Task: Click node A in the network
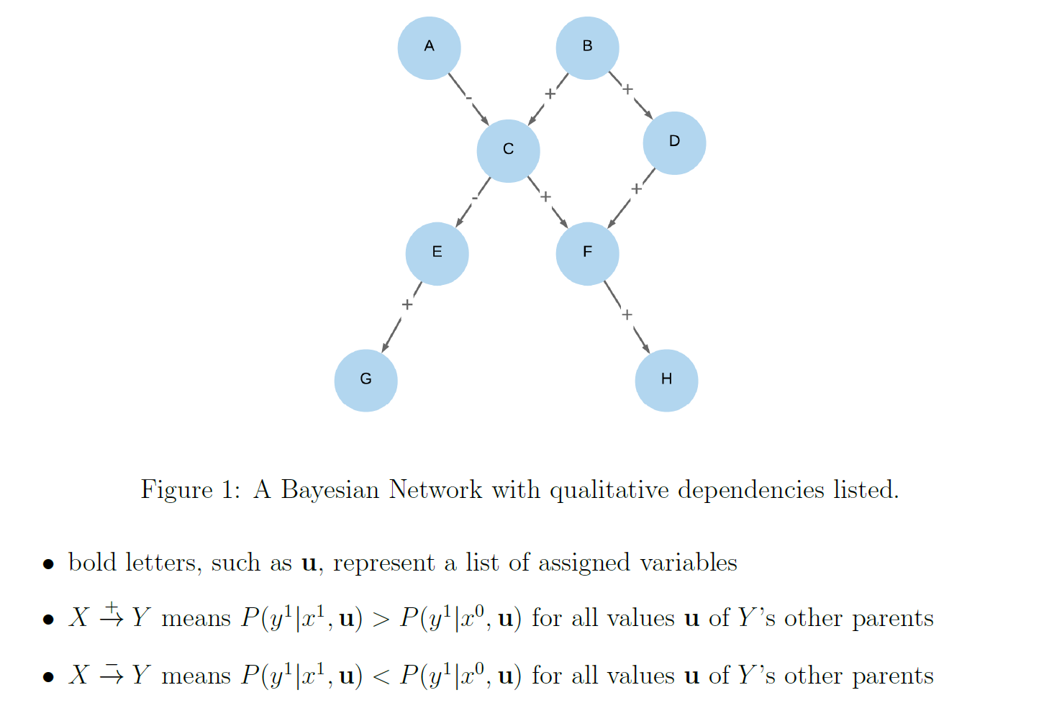click(429, 48)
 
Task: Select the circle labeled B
click(587, 48)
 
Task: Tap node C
click(508, 151)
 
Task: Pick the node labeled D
click(674, 143)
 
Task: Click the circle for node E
click(437, 254)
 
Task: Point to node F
click(587, 254)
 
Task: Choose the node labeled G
click(366, 381)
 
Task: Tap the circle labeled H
click(666, 381)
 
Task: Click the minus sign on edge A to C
click(468, 97)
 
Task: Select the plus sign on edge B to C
click(550, 94)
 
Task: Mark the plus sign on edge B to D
click(627, 89)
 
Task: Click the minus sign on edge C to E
click(474, 197)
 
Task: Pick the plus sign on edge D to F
click(636, 189)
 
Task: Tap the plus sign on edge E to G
click(407, 304)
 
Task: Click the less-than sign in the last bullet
click(381, 676)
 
